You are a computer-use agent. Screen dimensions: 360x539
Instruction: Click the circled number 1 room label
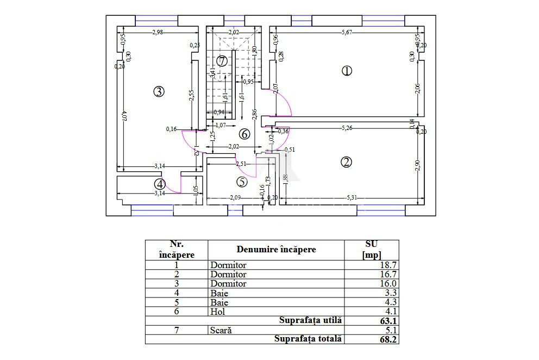pyautogui.click(x=347, y=71)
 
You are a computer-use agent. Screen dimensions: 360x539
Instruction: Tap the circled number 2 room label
pyautogui.click(x=346, y=162)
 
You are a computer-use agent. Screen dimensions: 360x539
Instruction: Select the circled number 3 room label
pyautogui.click(x=158, y=91)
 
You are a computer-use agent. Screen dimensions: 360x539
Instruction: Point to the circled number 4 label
pyautogui.click(x=159, y=184)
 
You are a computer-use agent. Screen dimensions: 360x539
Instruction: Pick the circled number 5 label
pyautogui.click(x=242, y=182)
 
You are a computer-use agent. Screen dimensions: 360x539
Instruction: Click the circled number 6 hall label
pyautogui.click(x=244, y=134)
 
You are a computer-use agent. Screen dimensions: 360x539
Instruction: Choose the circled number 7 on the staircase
pyautogui.click(x=221, y=61)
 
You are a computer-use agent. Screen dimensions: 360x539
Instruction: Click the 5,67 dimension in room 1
pyautogui.click(x=347, y=33)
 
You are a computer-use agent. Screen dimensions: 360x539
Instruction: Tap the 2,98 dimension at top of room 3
pyautogui.click(x=158, y=33)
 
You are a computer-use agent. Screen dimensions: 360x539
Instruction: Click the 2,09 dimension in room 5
pyautogui.click(x=235, y=197)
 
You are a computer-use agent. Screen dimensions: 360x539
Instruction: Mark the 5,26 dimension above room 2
pyautogui.click(x=347, y=129)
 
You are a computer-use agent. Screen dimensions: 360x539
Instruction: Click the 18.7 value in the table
pyautogui.click(x=388, y=265)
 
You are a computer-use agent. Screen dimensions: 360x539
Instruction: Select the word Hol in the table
pyautogui.click(x=217, y=312)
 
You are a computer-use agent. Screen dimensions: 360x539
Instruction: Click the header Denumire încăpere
pyautogui.click(x=276, y=250)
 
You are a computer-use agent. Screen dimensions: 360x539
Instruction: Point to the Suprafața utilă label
pyautogui.click(x=310, y=320)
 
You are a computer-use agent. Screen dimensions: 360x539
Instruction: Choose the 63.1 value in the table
pyautogui.click(x=388, y=321)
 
